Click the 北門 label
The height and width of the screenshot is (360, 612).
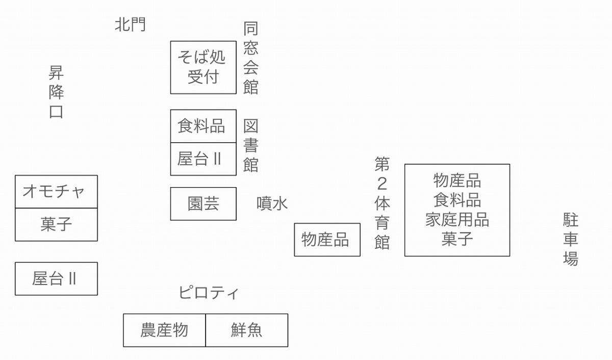pos(131,24)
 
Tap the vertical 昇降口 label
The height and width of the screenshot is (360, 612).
pos(56,92)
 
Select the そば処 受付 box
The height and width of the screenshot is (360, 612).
pos(203,67)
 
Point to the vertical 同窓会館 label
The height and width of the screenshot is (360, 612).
pos(250,58)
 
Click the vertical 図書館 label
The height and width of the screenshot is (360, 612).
pos(250,146)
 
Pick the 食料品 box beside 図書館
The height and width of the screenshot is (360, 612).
pos(203,126)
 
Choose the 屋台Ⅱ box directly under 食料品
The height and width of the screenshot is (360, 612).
pos(203,159)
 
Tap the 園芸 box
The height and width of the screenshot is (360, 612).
pos(203,204)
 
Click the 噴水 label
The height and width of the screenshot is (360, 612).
pos(272,203)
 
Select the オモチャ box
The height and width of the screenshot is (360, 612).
pos(56,192)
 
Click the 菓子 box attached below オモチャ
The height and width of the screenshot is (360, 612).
pos(56,224)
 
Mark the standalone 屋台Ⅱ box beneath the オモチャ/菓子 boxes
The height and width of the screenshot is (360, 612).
pos(56,278)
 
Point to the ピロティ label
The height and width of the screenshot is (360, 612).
pos(209,293)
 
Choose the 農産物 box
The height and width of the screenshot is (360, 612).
pos(164,330)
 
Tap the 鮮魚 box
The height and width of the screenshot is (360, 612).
pos(247,330)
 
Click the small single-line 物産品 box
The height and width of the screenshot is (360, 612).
pos(327,240)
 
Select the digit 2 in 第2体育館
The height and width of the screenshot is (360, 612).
pos(382,184)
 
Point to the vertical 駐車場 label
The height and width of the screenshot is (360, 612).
pos(570,240)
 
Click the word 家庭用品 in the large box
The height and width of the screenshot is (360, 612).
pos(457,220)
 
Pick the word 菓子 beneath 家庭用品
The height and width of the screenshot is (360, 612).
pos(457,239)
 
